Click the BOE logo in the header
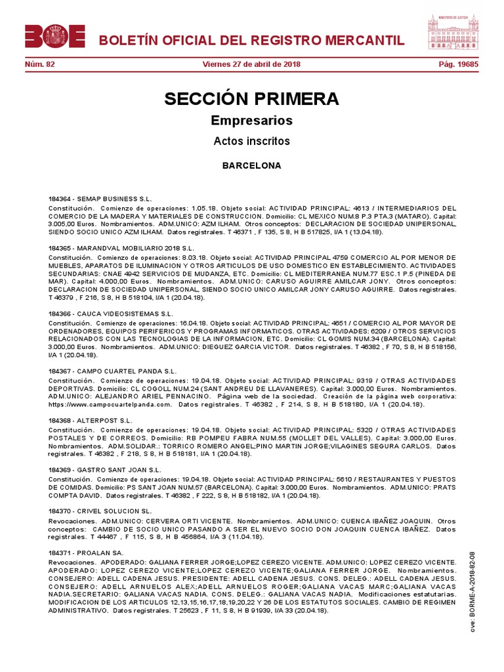coord(55,37)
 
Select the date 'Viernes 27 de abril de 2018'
coord(252,64)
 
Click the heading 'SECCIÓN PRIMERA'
coord(252,99)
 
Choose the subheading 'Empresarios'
coord(252,121)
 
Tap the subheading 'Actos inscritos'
coord(252,141)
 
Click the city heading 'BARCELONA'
coord(252,165)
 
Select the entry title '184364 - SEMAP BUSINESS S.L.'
coord(100,198)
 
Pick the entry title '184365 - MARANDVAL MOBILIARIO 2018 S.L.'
coord(121,249)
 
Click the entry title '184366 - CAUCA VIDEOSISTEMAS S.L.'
coord(111,314)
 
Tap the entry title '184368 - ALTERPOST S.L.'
coord(91,420)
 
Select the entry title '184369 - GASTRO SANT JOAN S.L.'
coord(104,470)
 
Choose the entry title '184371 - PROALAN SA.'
coord(86,554)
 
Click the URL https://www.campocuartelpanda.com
coord(110,405)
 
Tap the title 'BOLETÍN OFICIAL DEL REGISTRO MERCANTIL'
coord(251,41)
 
